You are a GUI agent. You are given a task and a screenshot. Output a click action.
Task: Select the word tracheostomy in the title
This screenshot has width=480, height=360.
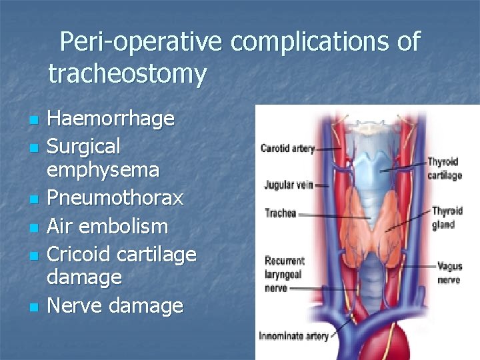click(x=127, y=74)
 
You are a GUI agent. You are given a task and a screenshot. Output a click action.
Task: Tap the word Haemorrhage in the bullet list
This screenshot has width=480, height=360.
click(x=111, y=119)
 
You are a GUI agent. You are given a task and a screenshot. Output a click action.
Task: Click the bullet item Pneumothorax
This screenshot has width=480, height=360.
click(x=115, y=199)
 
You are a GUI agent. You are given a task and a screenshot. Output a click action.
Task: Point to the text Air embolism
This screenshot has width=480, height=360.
click(x=107, y=226)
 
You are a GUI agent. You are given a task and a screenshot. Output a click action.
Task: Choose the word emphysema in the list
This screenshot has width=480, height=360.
click(x=103, y=170)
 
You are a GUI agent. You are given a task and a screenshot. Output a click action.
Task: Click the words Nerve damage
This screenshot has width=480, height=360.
click(x=115, y=306)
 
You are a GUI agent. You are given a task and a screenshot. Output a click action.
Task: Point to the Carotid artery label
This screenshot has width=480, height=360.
click(x=287, y=149)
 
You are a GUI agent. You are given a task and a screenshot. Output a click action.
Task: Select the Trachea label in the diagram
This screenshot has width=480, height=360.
click(x=280, y=213)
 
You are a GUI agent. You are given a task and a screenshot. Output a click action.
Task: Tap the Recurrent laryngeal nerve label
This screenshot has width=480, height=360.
click(x=285, y=274)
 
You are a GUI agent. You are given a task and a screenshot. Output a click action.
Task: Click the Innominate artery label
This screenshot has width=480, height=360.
click(x=294, y=336)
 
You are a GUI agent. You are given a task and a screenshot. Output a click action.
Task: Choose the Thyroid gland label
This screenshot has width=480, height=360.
click(x=447, y=218)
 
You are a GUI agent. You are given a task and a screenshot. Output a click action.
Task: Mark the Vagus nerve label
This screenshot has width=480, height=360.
click(x=449, y=273)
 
